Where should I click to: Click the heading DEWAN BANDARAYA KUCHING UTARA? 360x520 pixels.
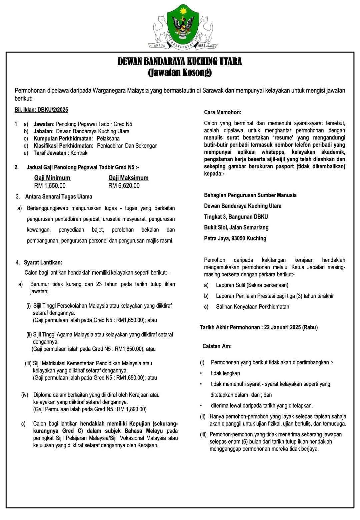tap(180, 62)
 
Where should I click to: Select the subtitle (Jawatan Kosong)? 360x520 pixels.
tap(180, 72)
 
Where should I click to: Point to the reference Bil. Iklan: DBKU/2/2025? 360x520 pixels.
tap(41, 110)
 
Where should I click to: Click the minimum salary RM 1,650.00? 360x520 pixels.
tap(50, 186)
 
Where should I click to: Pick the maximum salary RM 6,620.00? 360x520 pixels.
tap(124, 186)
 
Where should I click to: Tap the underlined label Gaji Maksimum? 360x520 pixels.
tap(128, 178)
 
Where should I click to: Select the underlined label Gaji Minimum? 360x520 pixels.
tap(52, 178)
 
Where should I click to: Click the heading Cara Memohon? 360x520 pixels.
tap(223, 112)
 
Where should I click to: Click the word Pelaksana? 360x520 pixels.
tap(108, 138)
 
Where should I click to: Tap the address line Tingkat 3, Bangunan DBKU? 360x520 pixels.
tap(236, 217)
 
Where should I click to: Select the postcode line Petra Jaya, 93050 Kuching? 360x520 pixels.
tap(235, 238)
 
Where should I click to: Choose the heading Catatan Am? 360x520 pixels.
tap(217, 346)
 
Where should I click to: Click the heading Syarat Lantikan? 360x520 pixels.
tap(43, 263)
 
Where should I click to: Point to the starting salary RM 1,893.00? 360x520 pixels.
tap(131, 409)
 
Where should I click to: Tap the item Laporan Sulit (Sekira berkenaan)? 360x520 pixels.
tap(252, 285)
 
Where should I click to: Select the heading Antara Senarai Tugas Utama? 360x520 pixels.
tap(59, 197)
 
